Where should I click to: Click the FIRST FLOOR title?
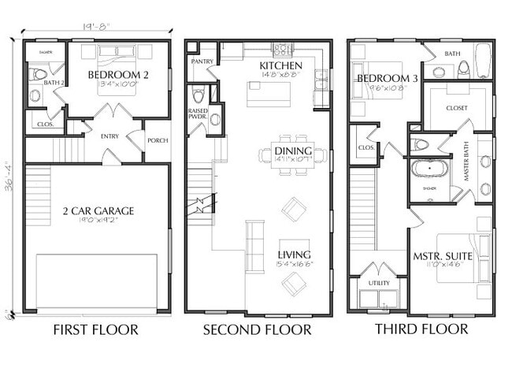95,329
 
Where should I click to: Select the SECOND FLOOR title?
257,329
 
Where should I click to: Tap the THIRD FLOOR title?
421,329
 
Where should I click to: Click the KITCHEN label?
281,65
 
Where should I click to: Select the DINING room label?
293,151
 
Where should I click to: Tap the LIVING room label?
294,255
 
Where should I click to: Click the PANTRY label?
202,61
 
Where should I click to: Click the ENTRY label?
109,136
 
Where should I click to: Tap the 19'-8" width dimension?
96,25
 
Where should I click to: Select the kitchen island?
269,94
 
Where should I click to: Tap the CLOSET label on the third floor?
457,108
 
